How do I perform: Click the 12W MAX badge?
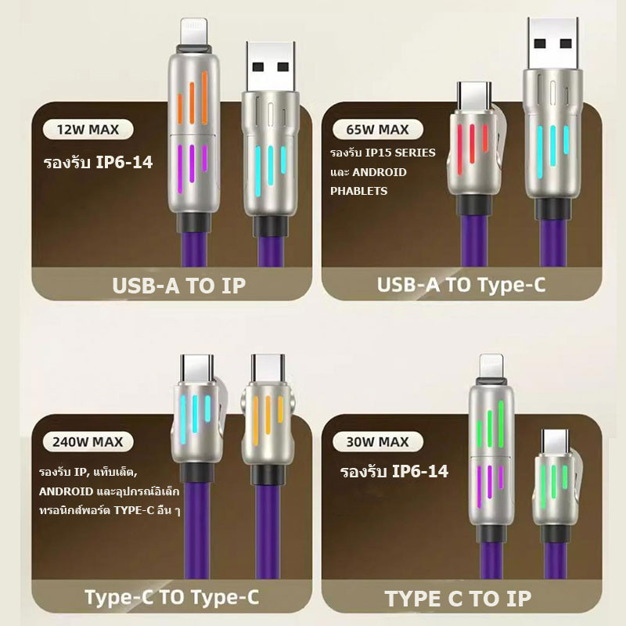pyautogui.click(x=88, y=129)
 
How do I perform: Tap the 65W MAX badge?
pyautogui.click(x=377, y=129)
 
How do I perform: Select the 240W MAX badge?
pyautogui.click(x=88, y=441)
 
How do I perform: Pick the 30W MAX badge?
pyautogui.click(x=377, y=441)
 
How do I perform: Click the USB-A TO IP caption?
pyautogui.click(x=179, y=285)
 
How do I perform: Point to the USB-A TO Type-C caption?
pyautogui.click(x=461, y=284)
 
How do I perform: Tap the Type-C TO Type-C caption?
pyautogui.click(x=172, y=597)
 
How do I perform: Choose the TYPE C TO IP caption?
pyautogui.click(x=458, y=599)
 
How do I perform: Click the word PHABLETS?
pyautogui.click(x=358, y=191)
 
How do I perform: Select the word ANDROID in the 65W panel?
pyautogui.click(x=380, y=172)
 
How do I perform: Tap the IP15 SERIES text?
pyautogui.click(x=401, y=153)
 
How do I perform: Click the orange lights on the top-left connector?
pyautogui.click(x=192, y=99)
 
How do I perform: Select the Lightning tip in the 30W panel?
pyautogui.click(x=491, y=365)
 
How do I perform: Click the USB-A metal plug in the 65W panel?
pyautogui.click(x=553, y=43)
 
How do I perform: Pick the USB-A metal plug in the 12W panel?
pyautogui.click(x=271, y=66)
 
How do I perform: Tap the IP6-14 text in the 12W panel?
pyautogui.click(x=124, y=162)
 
